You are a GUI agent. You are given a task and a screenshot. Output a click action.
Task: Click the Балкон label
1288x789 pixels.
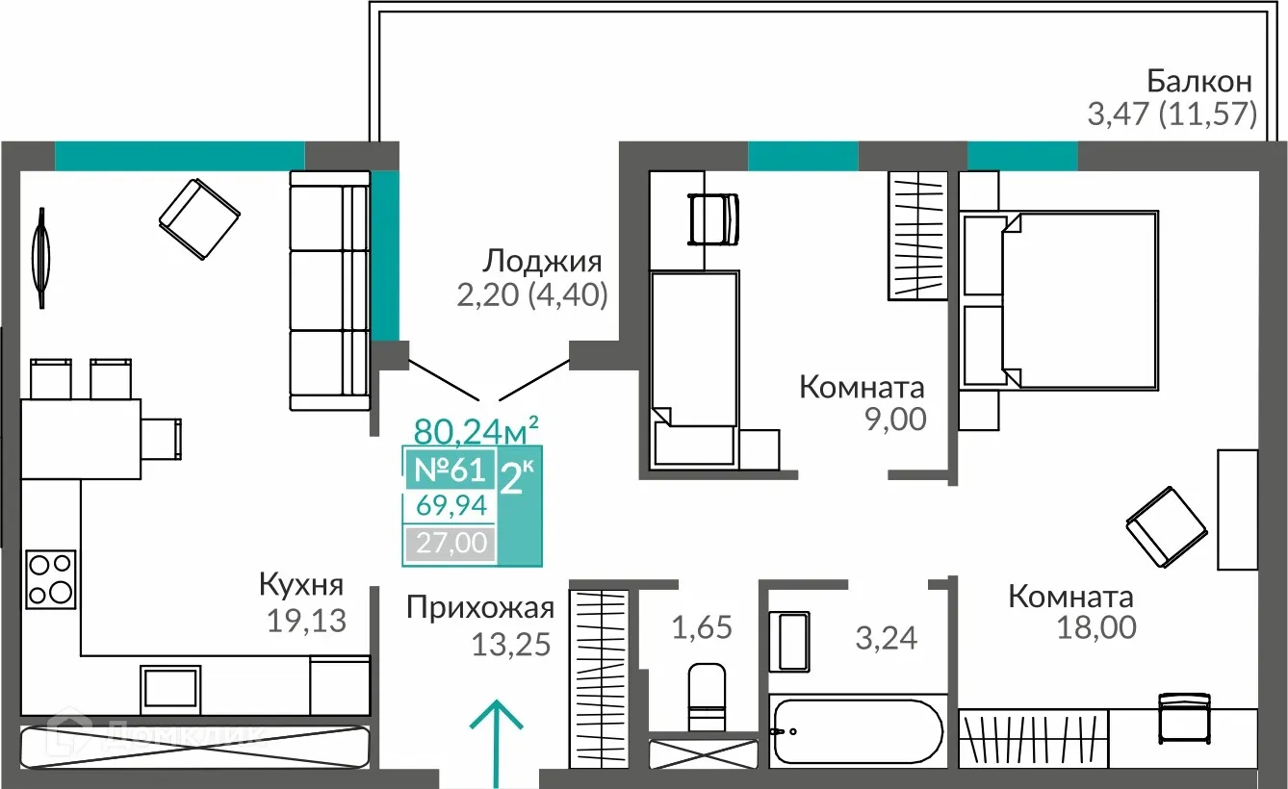click(1198, 80)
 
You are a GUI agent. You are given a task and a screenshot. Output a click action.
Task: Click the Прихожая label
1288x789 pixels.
click(479, 607)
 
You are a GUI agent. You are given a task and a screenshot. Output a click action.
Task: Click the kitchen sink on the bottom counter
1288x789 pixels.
click(170, 687)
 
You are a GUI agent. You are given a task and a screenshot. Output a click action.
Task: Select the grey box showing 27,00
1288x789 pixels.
click(450, 544)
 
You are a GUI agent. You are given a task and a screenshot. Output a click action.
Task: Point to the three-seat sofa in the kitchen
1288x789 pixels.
click(329, 290)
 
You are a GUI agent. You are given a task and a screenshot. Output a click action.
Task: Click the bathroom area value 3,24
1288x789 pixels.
click(888, 636)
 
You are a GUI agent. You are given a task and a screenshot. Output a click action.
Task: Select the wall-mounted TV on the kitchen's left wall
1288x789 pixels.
click(40, 258)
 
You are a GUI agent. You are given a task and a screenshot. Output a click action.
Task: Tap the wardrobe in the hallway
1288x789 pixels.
click(598, 678)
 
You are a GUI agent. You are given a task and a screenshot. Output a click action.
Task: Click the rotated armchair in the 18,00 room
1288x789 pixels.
click(1167, 527)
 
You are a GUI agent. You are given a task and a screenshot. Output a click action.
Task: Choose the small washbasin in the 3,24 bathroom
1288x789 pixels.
click(794, 643)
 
